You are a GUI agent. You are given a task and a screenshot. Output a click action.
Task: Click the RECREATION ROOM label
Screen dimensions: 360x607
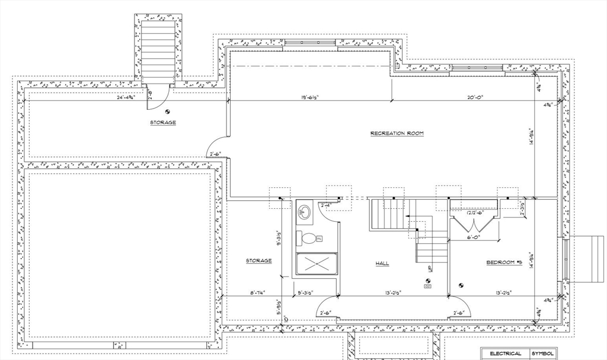[397, 133]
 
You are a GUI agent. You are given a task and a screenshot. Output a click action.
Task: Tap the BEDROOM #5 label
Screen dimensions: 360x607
[503, 262]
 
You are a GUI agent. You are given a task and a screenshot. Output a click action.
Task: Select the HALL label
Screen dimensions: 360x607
[382, 263]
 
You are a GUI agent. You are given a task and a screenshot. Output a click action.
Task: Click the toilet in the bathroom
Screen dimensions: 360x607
[309, 239]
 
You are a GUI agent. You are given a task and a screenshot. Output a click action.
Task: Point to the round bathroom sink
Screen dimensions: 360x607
[305, 211]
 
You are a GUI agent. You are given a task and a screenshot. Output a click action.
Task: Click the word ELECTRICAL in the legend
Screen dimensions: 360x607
[505, 353]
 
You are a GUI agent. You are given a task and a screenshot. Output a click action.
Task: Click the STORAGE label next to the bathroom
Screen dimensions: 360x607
[259, 260]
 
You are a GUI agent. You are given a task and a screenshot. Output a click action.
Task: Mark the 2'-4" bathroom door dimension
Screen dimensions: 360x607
[325, 205]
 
